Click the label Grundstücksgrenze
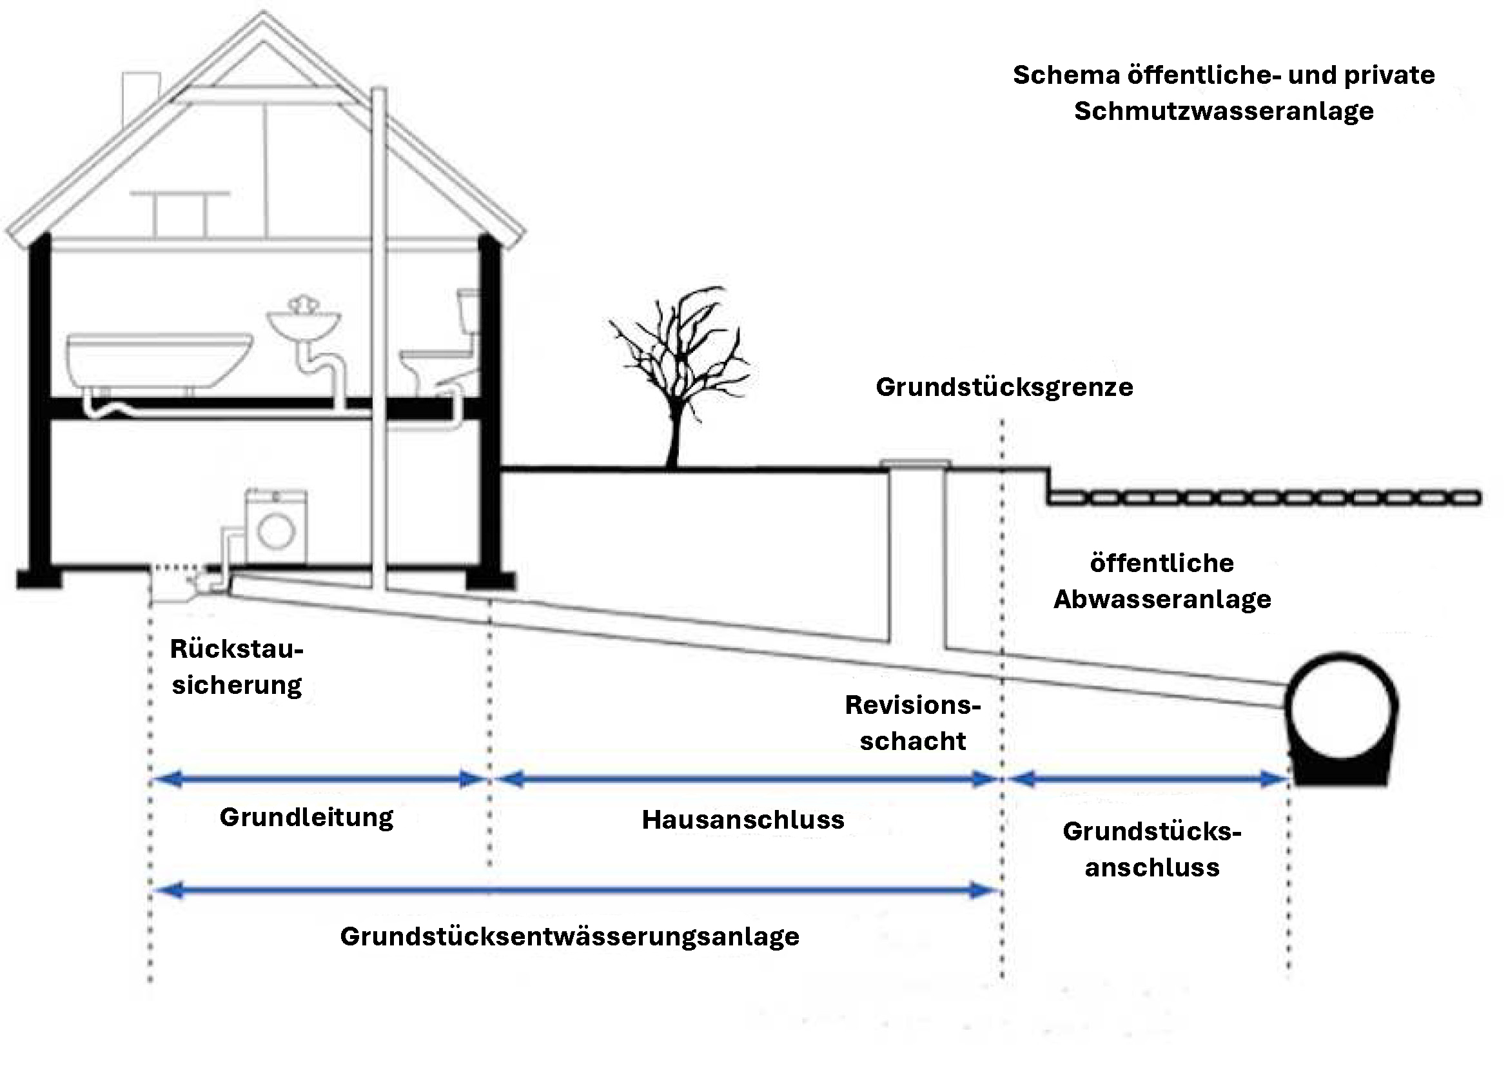[1004, 388]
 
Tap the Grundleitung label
[306, 818]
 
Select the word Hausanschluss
[743, 820]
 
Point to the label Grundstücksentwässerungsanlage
[569, 936]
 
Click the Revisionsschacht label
[912, 723]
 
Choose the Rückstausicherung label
[237, 667]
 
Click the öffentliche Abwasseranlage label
[1162, 581]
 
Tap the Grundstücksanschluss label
[1152, 849]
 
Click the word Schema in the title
[1065, 75]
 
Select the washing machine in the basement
[276, 527]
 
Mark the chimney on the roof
[141, 92]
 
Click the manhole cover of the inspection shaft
[916, 464]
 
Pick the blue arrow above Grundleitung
[319, 780]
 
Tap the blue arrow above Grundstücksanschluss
[1146, 780]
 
